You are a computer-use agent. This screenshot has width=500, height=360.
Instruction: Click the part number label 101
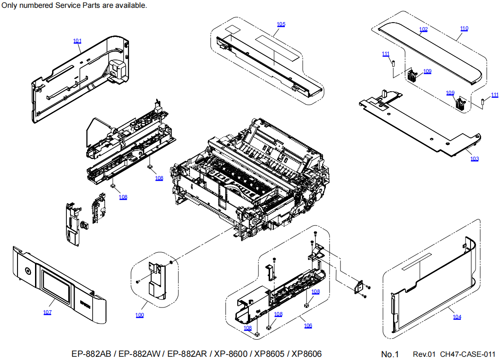tap(77, 41)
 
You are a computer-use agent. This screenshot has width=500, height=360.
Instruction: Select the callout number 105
tap(281, 24)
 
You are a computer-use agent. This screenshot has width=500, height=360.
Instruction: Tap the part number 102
tap(424, 29)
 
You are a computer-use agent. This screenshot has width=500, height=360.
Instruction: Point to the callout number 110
tap(464, 29)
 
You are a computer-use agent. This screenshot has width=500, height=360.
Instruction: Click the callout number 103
tap(474, 159)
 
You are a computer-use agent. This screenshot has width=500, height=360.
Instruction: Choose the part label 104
tap(457, 317)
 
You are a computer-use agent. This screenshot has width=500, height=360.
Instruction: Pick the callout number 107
tap(47, 313)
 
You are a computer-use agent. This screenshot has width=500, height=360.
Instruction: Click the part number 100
tap(139, 315)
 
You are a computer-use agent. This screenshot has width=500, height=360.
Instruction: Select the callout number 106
tap(308, 325)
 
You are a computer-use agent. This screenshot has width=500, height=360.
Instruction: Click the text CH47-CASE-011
tap(467, 354)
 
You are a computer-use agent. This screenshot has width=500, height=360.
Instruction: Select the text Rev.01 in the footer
tap(424, 354)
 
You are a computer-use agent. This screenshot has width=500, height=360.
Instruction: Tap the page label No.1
tap(390, 354)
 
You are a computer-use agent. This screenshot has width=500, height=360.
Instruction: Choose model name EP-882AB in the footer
tap(91, 354)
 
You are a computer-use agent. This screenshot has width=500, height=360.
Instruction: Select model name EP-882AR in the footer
tap(187, 354)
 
